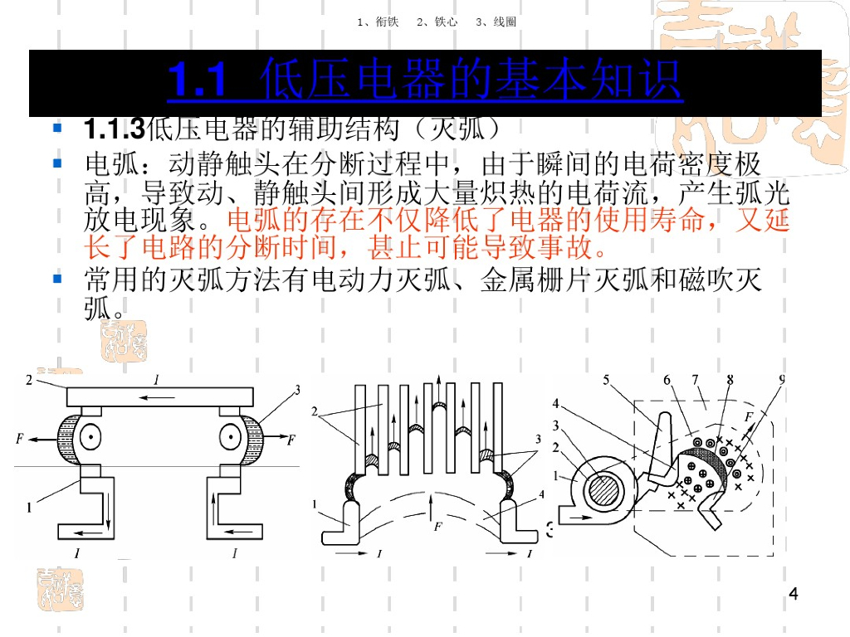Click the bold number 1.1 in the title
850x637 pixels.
click(x=198, y=81)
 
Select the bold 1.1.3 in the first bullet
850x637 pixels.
click(x=114, y=129)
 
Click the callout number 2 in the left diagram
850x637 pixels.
click(x=28, y=380)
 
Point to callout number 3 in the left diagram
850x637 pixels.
click(x=296, y=390)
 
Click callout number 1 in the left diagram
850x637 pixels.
click(x=29, y=507)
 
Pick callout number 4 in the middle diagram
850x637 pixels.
click(x=541, y=494)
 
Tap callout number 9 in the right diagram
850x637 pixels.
click(x=782, y=380)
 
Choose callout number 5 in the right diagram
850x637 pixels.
click(x=606, y=380)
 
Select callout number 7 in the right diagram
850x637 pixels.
click(x=694, y=380)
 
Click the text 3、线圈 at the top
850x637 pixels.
click(x=496, y=22)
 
